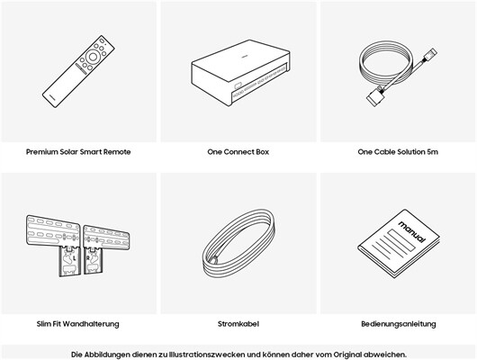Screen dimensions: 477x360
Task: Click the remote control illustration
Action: click(x=78, y=71)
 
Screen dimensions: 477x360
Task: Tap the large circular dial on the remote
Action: click(x=93, y=57)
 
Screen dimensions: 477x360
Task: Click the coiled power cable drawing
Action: click(x=238, y=243)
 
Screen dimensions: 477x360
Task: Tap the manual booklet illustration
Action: click(x=399, y=243)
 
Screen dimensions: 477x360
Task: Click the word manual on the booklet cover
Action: click(x=412, y=232)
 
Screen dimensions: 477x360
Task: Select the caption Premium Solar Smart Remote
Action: click(x=78, y=152)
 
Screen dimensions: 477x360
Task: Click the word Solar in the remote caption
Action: click(x=68, y=152)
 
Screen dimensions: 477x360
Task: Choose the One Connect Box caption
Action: click(x=238, y=152)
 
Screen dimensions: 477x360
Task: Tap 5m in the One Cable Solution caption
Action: click(x=432, y=152)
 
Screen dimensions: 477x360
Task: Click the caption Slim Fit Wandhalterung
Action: click(x=78, y=324)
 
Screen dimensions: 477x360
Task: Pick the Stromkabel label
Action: click(x=238, y=324)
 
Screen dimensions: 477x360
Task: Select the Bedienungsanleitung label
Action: click(x=399, y=324)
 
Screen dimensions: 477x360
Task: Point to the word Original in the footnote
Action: click(x=347, y=355)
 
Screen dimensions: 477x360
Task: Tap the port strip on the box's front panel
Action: click(x=259, y=82)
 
